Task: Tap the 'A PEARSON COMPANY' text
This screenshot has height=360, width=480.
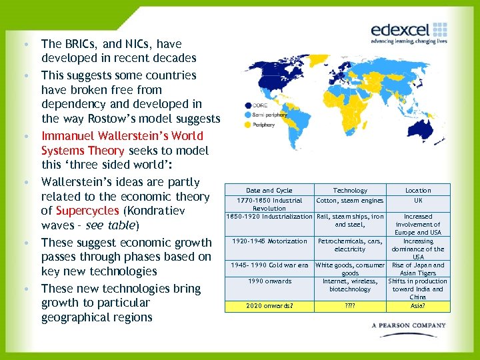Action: click(408, 325)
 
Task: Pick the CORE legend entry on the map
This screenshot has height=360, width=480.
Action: click(261, 105)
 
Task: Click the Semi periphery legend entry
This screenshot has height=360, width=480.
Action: click(269, 114)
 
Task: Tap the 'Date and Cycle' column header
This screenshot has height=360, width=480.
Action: click(269, 191)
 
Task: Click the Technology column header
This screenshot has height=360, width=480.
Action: click(350, 191)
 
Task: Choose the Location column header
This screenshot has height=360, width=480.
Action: click(418, 191)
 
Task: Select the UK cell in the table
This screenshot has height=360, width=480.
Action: click(418, 200)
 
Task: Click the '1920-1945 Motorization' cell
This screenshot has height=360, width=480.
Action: click(269, 241)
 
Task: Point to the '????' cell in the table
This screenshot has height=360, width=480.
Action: click(350, 307)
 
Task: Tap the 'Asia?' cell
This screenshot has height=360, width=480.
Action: click(418, 307)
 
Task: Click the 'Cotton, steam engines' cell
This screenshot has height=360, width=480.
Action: click(350, 200)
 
